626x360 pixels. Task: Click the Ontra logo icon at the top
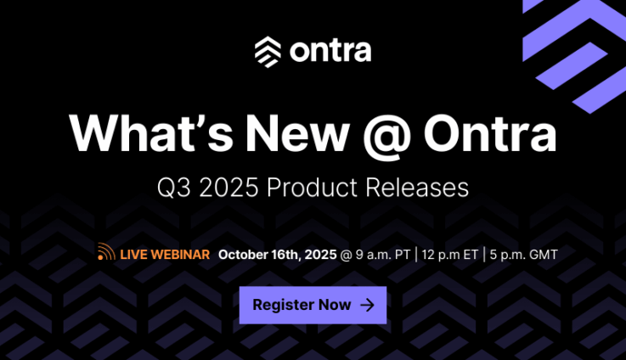pos(268,52)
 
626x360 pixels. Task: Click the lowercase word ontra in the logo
pos(330,51)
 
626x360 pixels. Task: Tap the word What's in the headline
pos(151,132)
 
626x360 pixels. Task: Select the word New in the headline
pos(297,132)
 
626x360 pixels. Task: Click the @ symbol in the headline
pos(386,136)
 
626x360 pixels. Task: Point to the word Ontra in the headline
pos(490,133)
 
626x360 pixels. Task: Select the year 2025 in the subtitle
pos(228,187)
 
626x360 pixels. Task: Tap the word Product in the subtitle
pos(312,187)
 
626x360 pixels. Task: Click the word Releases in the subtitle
pos(417,187)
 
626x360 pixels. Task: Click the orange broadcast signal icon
pos(106,251)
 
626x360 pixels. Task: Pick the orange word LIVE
pos(133,255)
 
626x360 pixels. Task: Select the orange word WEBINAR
pos(180,255)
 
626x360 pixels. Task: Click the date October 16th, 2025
pos(278,255)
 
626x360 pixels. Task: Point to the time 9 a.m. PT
pos(383,255)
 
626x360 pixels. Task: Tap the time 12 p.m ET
pos(449,255)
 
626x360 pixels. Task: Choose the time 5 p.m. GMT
pos(523,255)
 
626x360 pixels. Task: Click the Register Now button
pos(313,305)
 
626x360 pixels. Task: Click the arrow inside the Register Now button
pos(367,306)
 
